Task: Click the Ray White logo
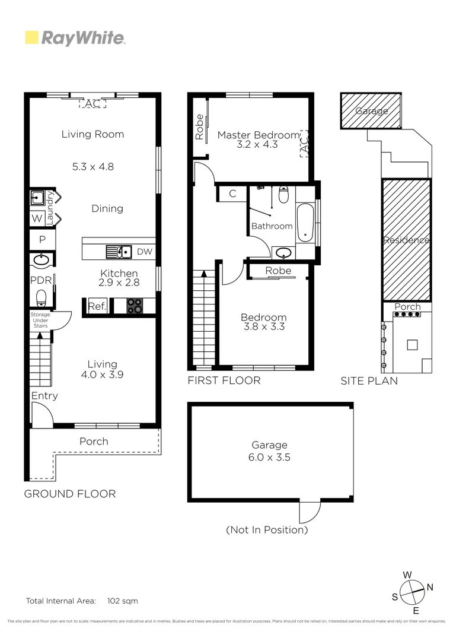pyautogui.click(x=75, y=39)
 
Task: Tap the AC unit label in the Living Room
pyautogui.click(x=92, y=104)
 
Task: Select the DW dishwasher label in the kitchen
pyautogui.click(x=144, y=252)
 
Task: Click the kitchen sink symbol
pyautogui.click(x=119, y=252)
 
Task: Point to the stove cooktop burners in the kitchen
pyautogui.click(x=135, y=306)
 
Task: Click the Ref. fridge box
pyautogui.click(x=97, y=306)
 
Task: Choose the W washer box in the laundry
pyautogui.click(x=37, y=218)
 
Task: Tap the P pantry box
pyautogui.click(x=42, y=240)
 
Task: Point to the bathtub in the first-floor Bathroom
pyautogui.click(x=305, y=223)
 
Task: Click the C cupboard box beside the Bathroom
pyautogui.click(x=232, y=193)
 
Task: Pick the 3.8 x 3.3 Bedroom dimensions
pyautogui.click(x=264, y=326)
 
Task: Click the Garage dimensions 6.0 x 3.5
pyautogui.click(x=269, y=457)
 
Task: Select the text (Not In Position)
pyautogui.click(x=267, y=529)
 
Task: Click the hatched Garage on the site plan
pyautogui.click(x=372, y=111)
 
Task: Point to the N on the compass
pyautogui.click(x=430, y=588)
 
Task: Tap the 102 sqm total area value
pyautogui.click(x=122, y=601)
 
